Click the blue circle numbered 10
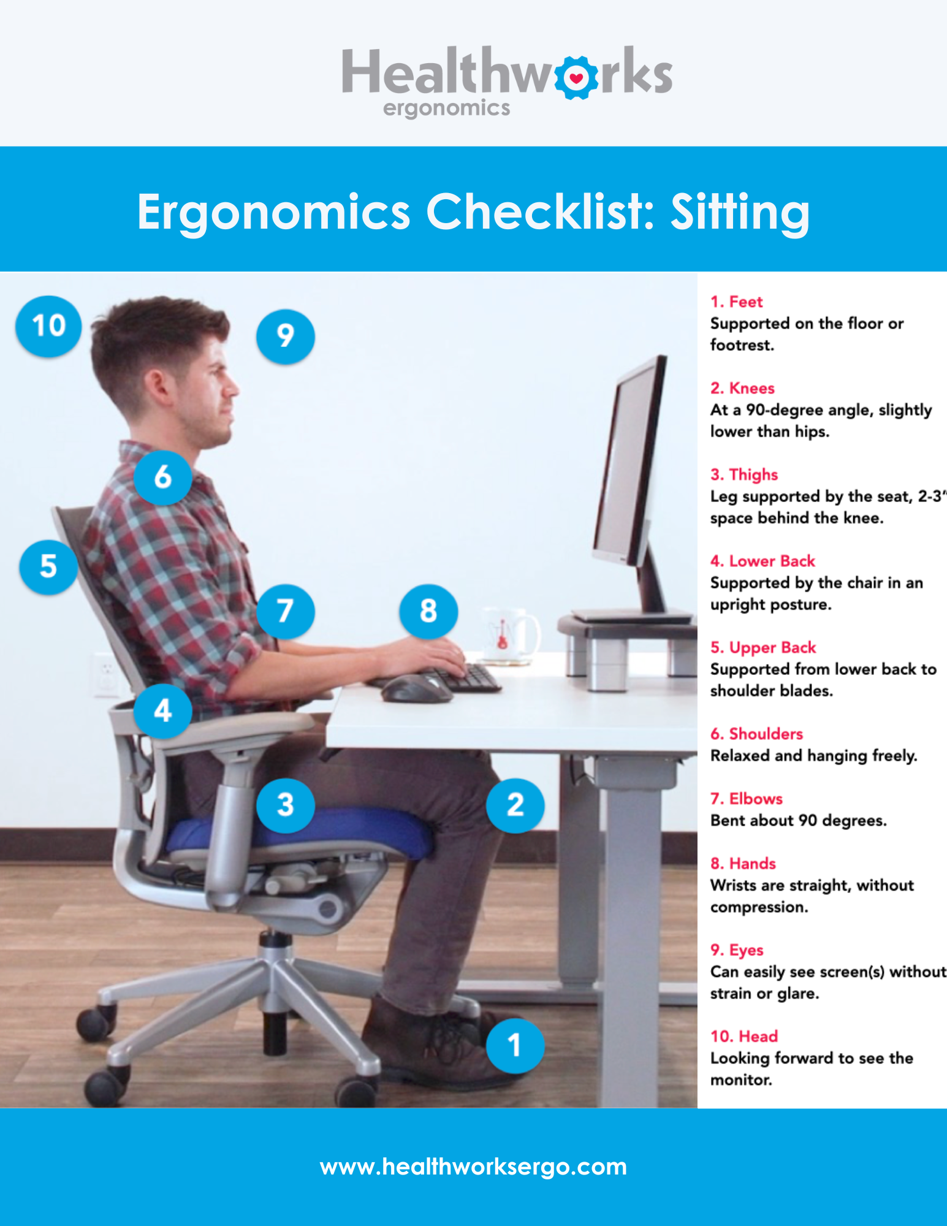click(x=48, y=326)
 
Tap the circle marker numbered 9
click(x=286, y=336)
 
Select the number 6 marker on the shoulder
click(x=162, y=477)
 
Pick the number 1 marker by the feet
click(x=515, y=1045)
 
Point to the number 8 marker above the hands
click(x=428, y=611)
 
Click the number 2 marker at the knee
click(x=515, y=805)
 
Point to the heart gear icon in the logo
click(x=576, y=78)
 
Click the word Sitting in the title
click(x=740, y=212)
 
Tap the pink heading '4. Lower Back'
click(x=763, y=561)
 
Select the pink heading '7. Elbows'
click(x=746, y=799)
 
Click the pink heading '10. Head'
click(x=744, y=1036)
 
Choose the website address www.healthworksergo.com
click(x=473, y=1167)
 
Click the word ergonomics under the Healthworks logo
click(x=446, y=109)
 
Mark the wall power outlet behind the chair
click(x=105, y=675)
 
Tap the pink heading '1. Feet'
click(x=736, y=302)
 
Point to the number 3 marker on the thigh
click(x=286, y=805)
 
